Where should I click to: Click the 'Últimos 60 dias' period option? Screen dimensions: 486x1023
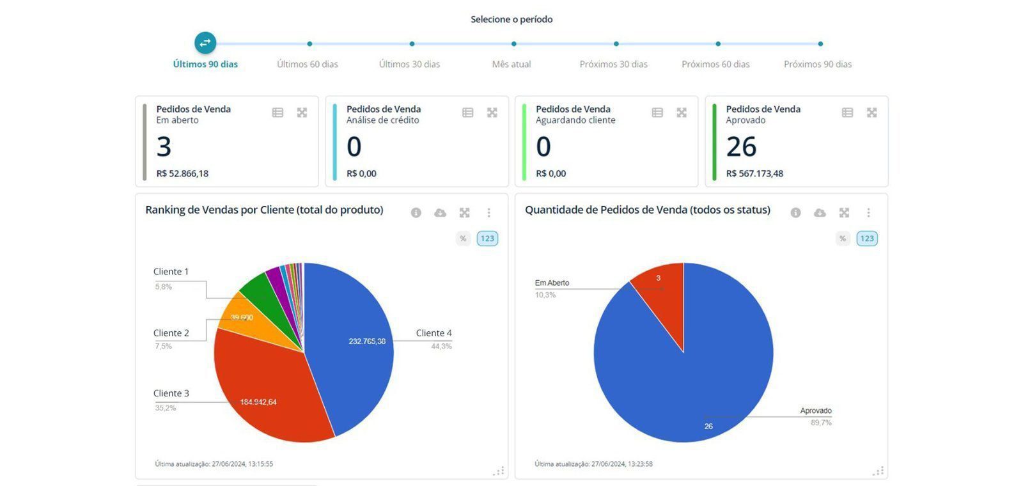click(x=307, y=64)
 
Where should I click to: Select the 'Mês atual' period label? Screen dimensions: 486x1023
click(x=511, y=64)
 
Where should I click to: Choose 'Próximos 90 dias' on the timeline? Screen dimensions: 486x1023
click(x=818, y=64)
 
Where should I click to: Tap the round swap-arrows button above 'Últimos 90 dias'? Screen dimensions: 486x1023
click(x=205, y=43)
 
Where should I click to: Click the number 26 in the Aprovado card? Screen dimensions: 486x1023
click(x=742, y=147)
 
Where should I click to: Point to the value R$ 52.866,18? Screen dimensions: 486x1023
click(x=182, y=173)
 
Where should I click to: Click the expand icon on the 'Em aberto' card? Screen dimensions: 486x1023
click(x=302, y=113)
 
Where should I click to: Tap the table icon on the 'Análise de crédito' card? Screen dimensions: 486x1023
click(x=467, y=113)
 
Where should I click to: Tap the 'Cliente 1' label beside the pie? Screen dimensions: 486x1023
click(x=171, y=272)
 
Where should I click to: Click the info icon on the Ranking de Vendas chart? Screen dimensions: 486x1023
click(x=416, y=213)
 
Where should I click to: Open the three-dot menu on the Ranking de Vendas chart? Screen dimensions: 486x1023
click(x=488, y=213)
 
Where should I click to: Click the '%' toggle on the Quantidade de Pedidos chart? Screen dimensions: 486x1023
click(x=843, y=239)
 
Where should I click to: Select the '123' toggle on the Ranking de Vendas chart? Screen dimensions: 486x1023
click(x=487, y=239)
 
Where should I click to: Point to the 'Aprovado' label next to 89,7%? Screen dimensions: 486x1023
click(x=816, y=411)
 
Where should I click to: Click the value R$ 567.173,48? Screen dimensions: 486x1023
click(x=754, y=173)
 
